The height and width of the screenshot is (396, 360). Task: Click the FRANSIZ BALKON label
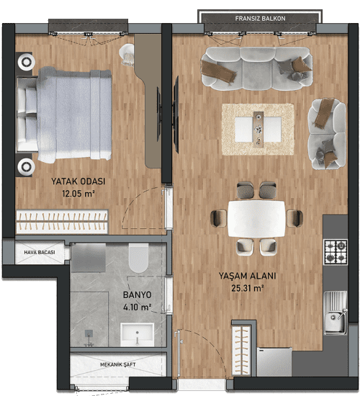click(x=260, y=19)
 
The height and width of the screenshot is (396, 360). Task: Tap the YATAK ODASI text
click(x=78, y=181)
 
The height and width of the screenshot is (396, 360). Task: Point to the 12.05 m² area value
click(x=78, y=194)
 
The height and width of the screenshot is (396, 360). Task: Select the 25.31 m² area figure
click(x=248, y=288)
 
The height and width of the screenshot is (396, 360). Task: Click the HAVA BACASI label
click(x=40, y=252)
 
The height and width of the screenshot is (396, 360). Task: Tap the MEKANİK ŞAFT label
click(x=118, y=365)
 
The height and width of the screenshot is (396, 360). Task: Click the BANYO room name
click(x=138, y=294)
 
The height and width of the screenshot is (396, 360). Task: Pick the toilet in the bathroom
click(x=138, y=258)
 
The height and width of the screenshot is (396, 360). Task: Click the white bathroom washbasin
click(x=138, y=335)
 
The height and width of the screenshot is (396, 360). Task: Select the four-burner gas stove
click(x=336, y=252)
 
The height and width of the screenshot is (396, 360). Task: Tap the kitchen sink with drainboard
click(x=336, y=313)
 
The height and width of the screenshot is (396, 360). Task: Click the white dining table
click(x=256, y=219)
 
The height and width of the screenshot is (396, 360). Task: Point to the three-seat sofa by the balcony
click(x=256, y=68)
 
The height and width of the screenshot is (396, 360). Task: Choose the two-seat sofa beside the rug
click(x=327, y=134)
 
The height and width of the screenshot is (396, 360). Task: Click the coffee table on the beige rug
click(x=258, y=130)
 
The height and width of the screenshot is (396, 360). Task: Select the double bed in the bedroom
click(x=64, y=115)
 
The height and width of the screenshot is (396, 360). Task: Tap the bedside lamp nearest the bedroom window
click(x=26, y=62)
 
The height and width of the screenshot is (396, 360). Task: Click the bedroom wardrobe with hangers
click(x=62, y=222)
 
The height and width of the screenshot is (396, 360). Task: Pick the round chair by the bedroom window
click(x=127, y=55)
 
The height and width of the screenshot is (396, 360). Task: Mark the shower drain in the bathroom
click(x=89, y=333)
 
